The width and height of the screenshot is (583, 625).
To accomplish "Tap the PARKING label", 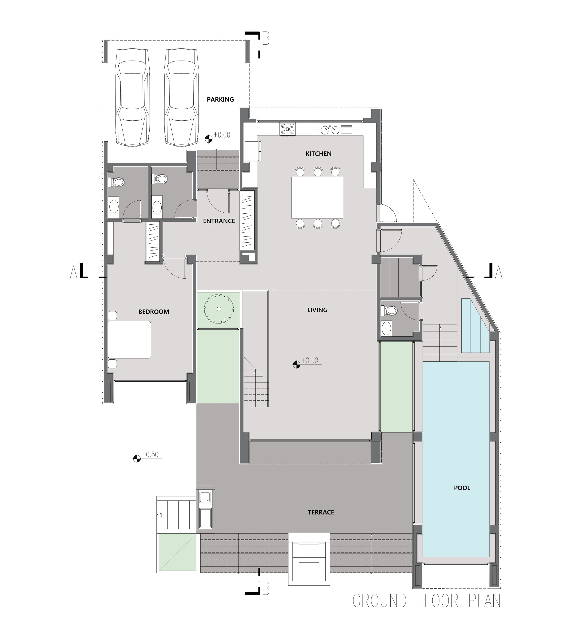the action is [220, 99].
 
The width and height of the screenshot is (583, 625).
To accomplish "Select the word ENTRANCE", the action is [219, 221].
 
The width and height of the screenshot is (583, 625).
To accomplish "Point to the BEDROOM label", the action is [154, 312].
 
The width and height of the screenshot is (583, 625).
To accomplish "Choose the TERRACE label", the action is [321, 512].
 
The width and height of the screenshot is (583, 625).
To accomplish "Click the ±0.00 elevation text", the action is [222, 135].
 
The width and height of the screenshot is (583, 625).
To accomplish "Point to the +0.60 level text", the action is [310, 360].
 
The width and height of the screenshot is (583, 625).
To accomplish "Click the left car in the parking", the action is [132, 97].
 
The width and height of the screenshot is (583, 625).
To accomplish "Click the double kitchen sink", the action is [336, 129].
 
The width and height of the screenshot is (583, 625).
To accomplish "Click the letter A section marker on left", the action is [73, 272].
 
